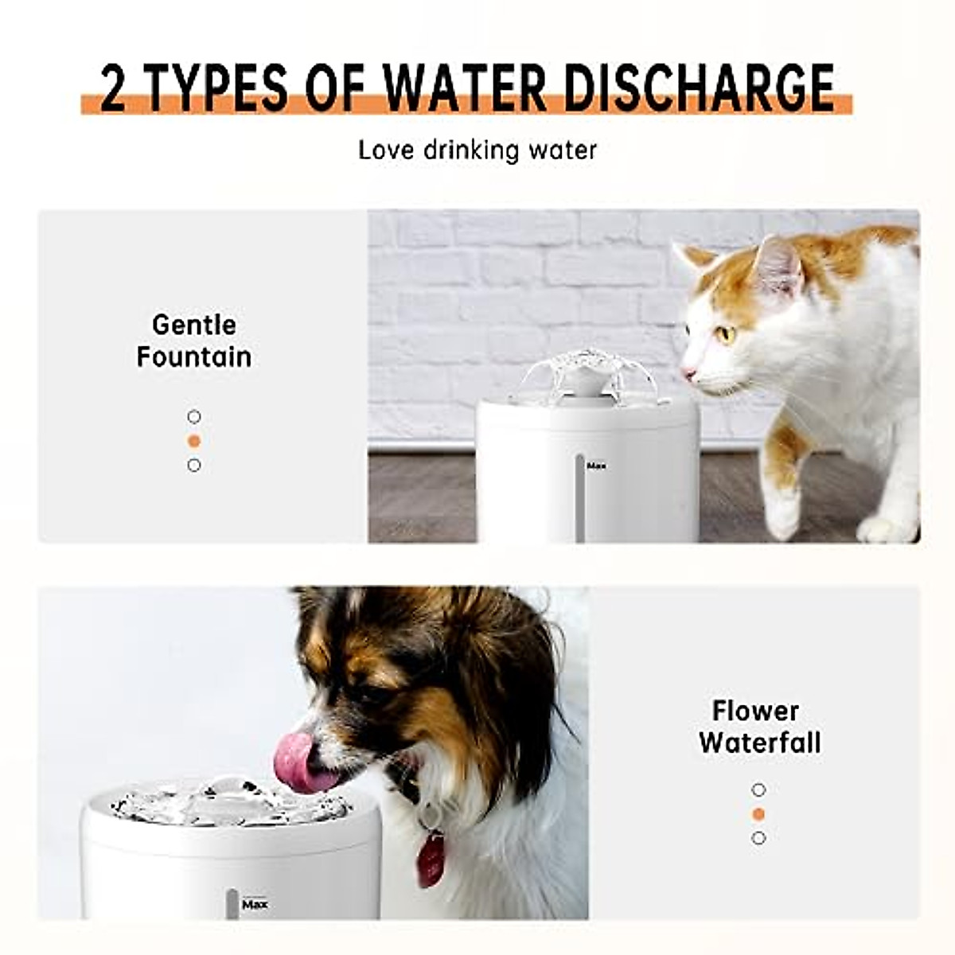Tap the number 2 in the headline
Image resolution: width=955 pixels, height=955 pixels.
coord(114,88)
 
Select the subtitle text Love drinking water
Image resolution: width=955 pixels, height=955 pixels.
coord(477,150)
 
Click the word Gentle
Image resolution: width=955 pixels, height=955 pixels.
coord(194,325)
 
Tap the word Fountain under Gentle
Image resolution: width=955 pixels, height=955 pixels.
coord(194,357)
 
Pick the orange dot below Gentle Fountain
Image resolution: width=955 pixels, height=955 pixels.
coord(194,441)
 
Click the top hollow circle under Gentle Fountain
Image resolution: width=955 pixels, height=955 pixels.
coord(194,417)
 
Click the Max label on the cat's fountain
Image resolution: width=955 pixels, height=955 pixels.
coord(595,466)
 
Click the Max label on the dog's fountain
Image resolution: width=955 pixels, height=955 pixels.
coord(255,904)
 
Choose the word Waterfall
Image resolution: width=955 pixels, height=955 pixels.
coord(759,743)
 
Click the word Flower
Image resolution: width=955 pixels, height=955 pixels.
coord(755,710)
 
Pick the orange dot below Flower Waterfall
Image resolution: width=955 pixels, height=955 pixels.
coord(758,814)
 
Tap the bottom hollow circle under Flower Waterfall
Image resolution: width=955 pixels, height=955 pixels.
coord(758,838)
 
